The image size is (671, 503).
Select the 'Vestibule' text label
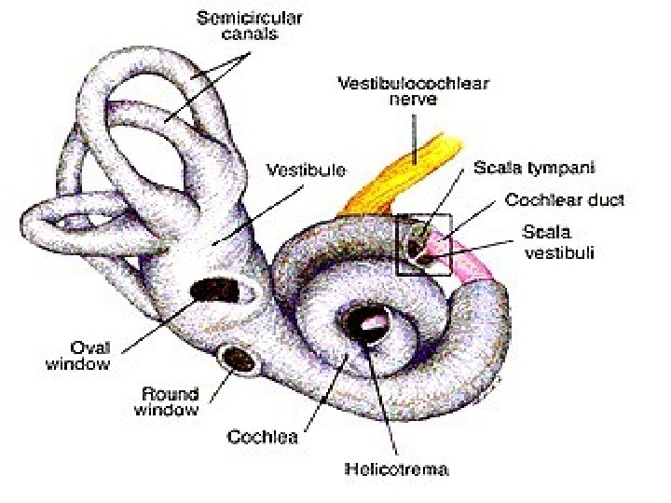point(306,171)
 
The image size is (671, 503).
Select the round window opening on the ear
point(239,356)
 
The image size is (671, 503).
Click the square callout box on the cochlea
point(424,245)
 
